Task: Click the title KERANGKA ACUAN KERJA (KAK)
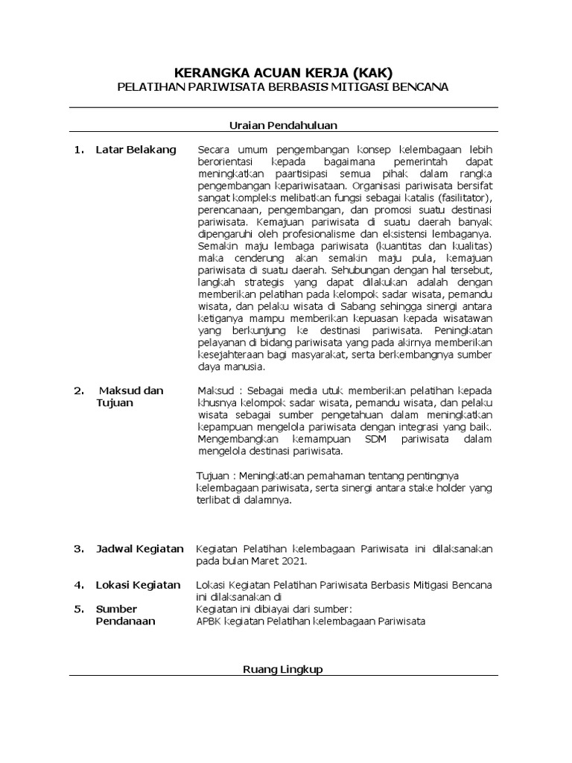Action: click(282, 72)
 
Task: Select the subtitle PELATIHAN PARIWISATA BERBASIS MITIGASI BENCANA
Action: click(283, 87)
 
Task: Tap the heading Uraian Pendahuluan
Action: click(283, 125)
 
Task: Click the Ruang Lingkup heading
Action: click(283, 669)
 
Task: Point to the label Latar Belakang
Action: click(136, 149)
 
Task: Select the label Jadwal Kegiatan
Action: click(139, 548)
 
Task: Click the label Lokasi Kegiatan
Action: click(138, 585)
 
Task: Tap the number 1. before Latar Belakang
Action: click(79, 149)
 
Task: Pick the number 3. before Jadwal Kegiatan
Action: click(79, 548)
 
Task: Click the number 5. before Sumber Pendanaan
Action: click(79, 609)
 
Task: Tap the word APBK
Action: click(209, 621)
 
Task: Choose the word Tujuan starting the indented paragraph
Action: click(212, 475)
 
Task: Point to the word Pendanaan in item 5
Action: click(126, 621)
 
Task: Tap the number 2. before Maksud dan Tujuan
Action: click(79, 390)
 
